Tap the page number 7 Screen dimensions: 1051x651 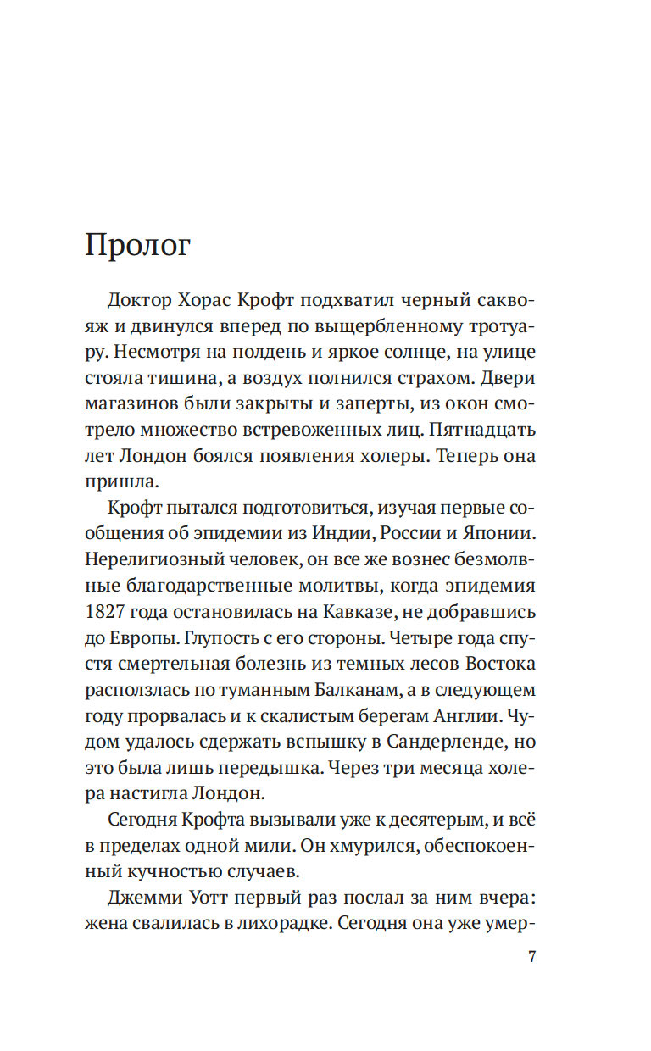(x=531, y=957)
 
